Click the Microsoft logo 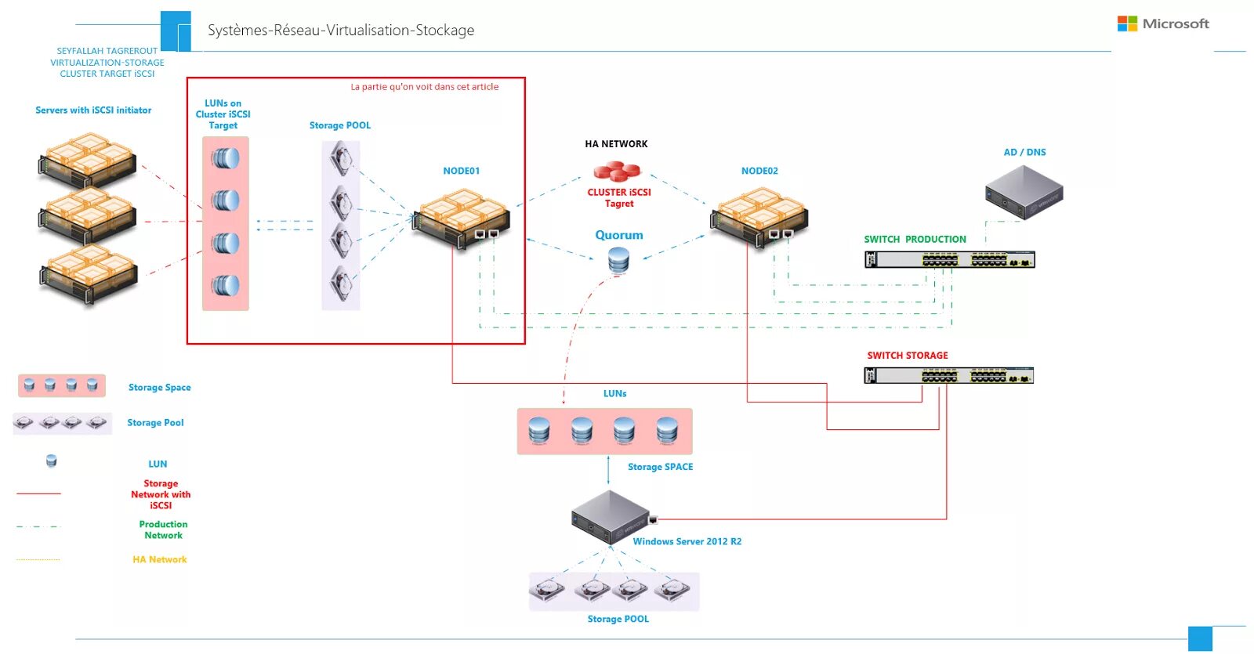[x=1163, y=23]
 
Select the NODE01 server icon [x=462, y=219]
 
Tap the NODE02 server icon [x=759, y=217]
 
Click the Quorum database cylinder [x=618, y=260]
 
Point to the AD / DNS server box [x=1024, y=192]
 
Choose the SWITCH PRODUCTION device [x=949, y=259]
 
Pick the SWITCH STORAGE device [x=949, y=375]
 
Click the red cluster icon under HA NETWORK [x=616, y=172]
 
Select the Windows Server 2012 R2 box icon [x=611, y=518]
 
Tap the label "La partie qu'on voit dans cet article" [x=424, y=87]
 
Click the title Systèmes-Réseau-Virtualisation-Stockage [x=341, y=31]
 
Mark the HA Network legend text [x=160, y=559]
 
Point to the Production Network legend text [x=164, y=529]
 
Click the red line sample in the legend [x=38, y=493]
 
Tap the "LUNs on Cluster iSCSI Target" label [x=223, y=114]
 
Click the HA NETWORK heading [x=616, y=144]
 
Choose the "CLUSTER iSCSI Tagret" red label [x=619, y=197]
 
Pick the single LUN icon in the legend [x=52, y=461]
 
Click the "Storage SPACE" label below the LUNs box [x=661, y=467]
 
